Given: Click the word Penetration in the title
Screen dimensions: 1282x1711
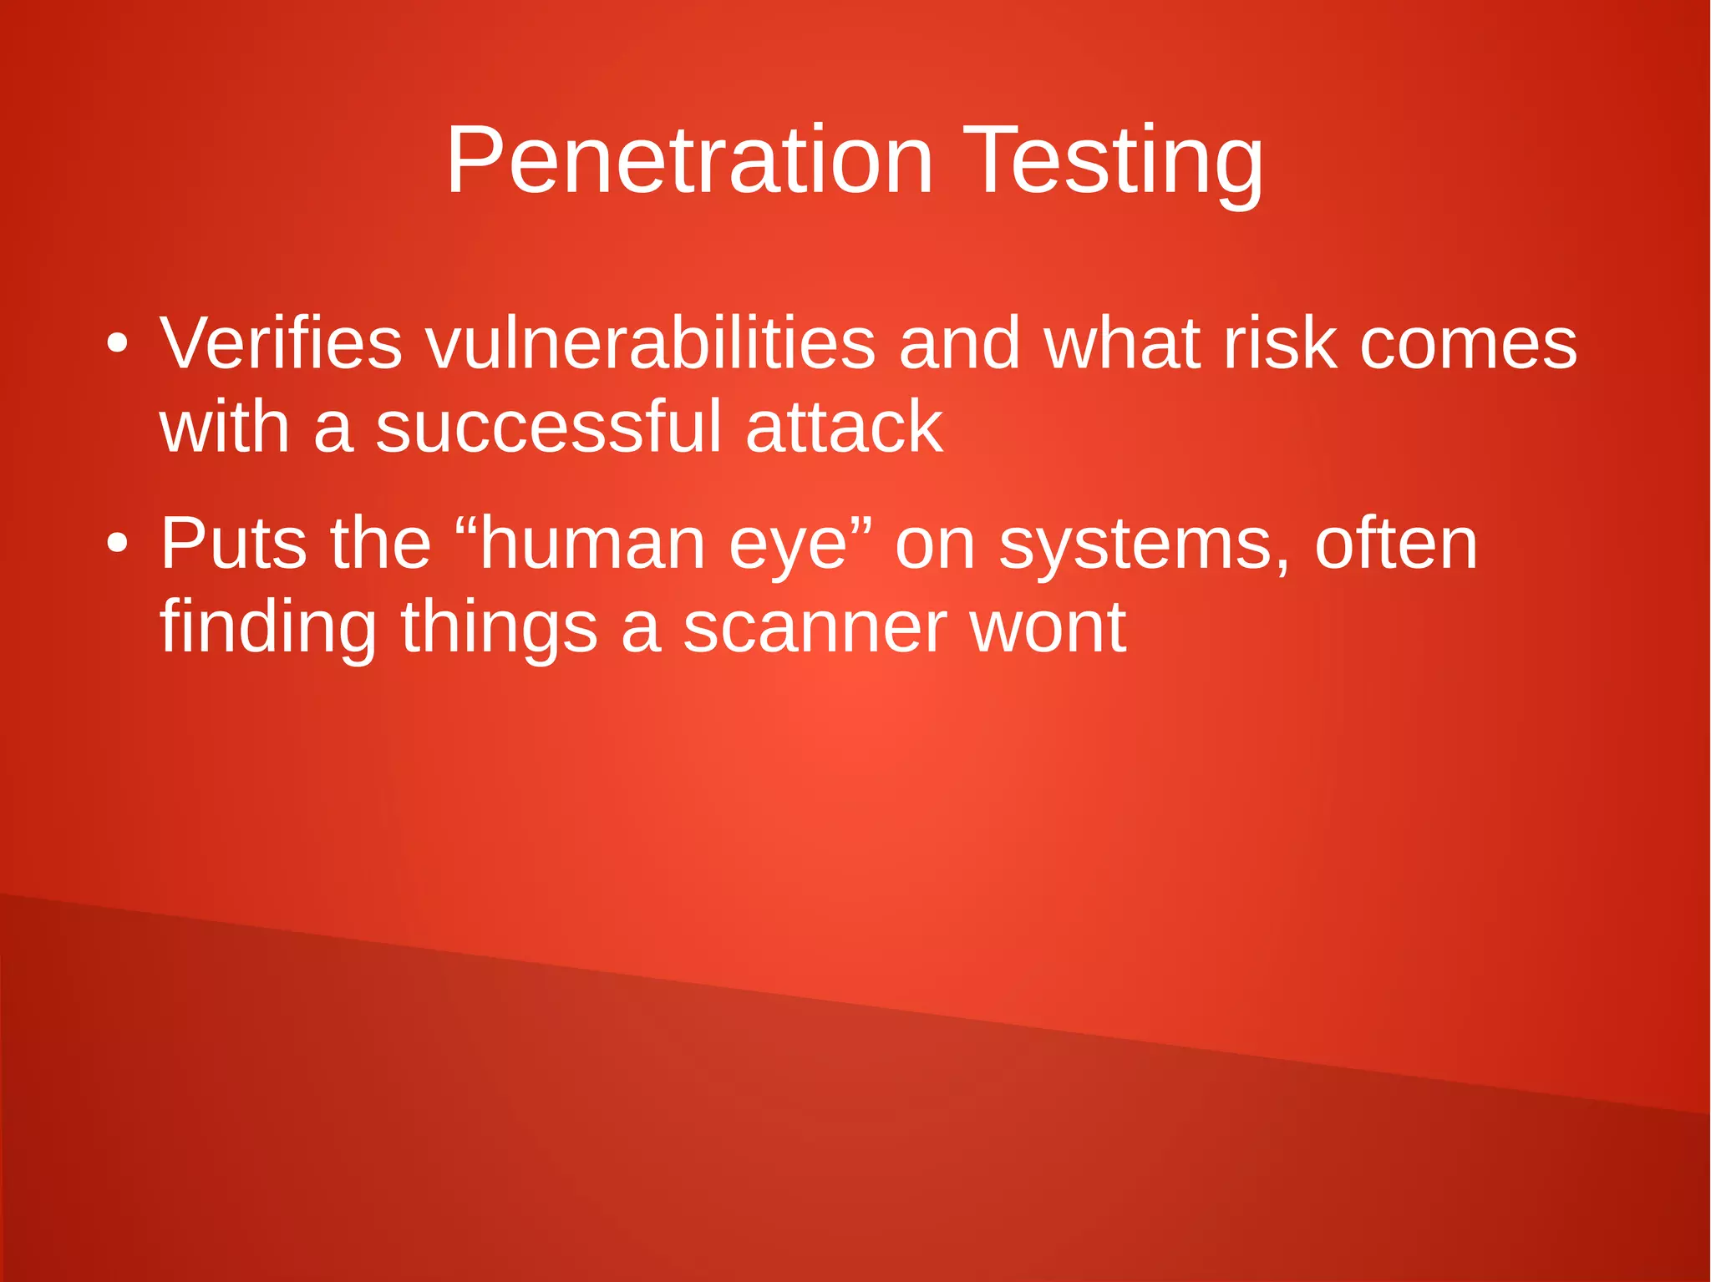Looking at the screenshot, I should [x=689, y=160].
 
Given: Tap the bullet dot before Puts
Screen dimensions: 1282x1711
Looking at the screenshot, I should [x=117, y=544].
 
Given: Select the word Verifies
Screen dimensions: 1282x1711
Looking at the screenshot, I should [x=281, y=343].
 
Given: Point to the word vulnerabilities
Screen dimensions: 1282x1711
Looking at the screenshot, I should [x=651, y=343].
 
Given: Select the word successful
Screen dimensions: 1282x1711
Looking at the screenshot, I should [x=548, y=427].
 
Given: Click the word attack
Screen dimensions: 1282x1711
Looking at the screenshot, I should [x=844, y=427].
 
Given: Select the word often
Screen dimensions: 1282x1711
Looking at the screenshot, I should [x=1396, y=544].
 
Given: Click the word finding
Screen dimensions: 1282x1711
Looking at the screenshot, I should [x=268, y=628].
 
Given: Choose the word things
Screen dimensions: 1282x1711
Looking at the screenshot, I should [x=499, y=628].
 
